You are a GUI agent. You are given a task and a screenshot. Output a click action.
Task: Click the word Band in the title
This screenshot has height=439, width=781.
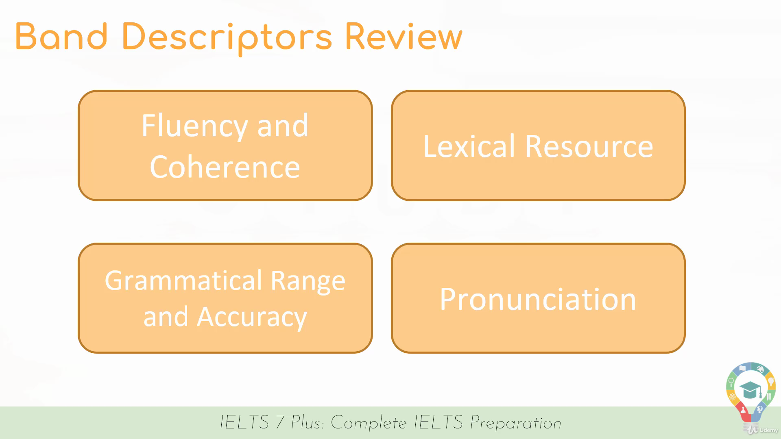pyautogui.click(x=61, y=36)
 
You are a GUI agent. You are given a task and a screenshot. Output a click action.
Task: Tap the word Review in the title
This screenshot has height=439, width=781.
pyautogui.click(x=404, y=36)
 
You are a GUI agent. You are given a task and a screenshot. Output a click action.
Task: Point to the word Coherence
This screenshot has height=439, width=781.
pyautogui.click(x=225, y=167)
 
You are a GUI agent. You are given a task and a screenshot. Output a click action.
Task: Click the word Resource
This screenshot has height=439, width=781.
pyautogui.click(x=589, y=146)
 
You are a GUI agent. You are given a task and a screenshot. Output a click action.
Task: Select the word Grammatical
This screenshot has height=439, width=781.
pyautogui.click(x=183, y=281)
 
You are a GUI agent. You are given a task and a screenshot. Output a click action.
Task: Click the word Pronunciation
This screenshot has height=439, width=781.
pyautogui.click(x=538, y=300)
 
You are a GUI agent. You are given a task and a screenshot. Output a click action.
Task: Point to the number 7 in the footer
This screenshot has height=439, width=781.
pyautogui.click(x=280, y=422)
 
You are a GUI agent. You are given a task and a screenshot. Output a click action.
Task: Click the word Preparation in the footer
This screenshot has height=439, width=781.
pyautogui.click(x=516, y=423)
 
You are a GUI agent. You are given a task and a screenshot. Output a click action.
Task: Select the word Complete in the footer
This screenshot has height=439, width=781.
pyautogui.click(x=369, y=423)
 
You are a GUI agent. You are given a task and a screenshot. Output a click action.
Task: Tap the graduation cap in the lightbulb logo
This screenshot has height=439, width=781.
pyautogui.click(x=750, y=390)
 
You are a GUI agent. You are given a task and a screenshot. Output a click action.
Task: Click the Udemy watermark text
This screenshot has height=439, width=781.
pyautogui.click(x=768, y=430)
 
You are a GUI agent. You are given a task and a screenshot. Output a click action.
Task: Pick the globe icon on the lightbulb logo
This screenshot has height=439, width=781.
pyautogui.click(x=759, y=409)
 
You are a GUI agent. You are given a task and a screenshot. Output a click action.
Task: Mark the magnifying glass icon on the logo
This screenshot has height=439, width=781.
pyautogui.click(x=731, y=382)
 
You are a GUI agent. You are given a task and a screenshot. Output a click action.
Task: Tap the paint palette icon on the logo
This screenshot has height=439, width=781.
pyautogui.click(x=760, y=369)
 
